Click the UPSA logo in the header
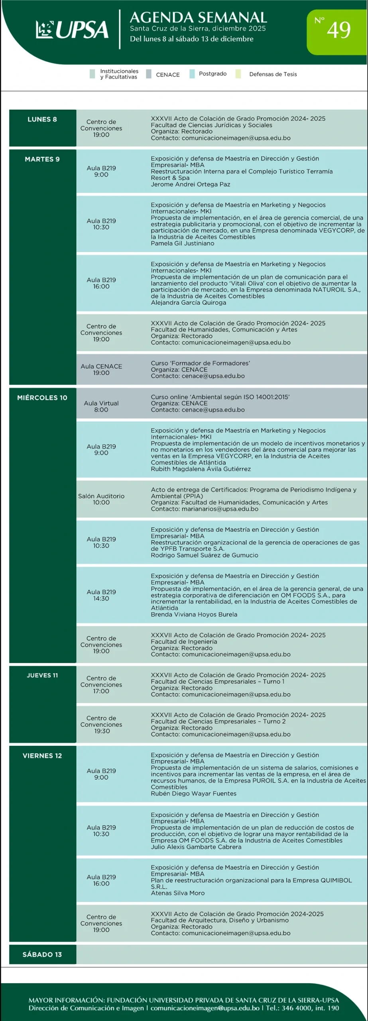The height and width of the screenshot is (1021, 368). tap(72, 30)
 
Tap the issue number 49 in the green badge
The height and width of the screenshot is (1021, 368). tap(338, 30)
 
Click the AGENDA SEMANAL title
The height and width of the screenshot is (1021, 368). tap(198, 18)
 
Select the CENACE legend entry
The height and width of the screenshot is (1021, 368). tap(167, 75)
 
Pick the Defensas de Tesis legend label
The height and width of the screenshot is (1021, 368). tap(273, 74)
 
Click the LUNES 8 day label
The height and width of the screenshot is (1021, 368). tap(42, 119)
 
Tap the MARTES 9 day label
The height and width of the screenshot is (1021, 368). tap(42, 159)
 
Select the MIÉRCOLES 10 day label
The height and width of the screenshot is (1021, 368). tap(42, 398)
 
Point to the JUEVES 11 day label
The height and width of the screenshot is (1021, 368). tap(42, 675)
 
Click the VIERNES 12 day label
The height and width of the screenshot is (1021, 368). tap(42, 756)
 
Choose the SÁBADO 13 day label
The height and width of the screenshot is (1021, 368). tap(42, 954)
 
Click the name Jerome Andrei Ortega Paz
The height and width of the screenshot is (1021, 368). tap(190, 184)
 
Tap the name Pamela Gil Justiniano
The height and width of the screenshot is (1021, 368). tap(182, 243)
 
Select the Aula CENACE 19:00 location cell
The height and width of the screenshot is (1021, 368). tap(101, 369)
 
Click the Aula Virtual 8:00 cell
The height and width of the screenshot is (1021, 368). tap(101, 406)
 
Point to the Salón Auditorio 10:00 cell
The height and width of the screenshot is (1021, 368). tap(101, 499)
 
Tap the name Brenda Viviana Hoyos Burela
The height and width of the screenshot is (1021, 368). tap(194, 615)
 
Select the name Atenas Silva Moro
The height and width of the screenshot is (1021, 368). tap(177, 893)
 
